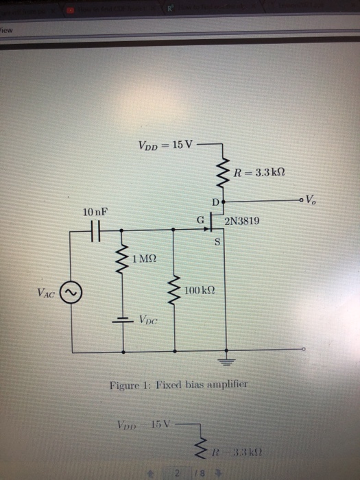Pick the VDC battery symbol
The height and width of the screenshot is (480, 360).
(x=123, y=320)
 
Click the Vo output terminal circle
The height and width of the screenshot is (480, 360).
(x=300, y=202)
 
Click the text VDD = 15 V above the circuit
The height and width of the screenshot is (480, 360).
(x=166, y=145)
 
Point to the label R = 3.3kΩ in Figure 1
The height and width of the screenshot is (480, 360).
(x=258, y=173)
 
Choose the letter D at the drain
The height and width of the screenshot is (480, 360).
(x=215, y=203)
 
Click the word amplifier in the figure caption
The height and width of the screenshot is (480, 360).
(x=224, y=385)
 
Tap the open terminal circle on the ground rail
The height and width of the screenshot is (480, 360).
(x=300, y=352)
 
